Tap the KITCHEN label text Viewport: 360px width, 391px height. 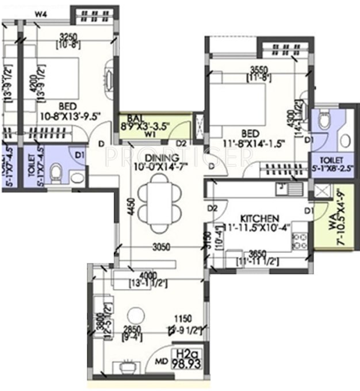(260, 218)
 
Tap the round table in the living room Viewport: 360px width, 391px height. (136, 315)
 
